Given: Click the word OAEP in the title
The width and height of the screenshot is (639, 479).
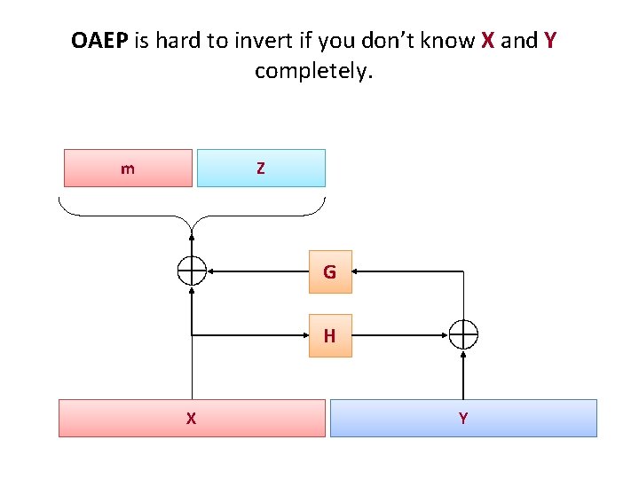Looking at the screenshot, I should click(x=100, y=41).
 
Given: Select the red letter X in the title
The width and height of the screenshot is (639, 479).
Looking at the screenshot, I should click(x=488, y=41).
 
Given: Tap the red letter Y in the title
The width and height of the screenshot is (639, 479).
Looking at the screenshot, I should click(x=550, y=41).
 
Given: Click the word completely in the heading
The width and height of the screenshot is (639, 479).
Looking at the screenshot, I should click(x=314, y=70).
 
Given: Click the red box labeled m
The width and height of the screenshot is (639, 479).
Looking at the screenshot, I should click(x=128, y=168).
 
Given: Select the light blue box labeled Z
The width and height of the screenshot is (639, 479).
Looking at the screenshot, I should click(x=261, y=168).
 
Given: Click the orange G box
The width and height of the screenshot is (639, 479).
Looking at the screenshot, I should click(x=330, y=271).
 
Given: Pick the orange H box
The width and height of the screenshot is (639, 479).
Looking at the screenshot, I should click(x=330, y=335).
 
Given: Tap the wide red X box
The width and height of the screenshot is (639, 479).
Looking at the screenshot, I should click(x=192, y=418).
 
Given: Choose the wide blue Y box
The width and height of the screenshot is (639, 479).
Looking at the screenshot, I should click(x=463, y=418).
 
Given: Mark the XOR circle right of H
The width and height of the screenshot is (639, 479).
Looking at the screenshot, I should click(x=463, y=335).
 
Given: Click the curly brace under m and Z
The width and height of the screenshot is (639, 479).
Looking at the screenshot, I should click(x=192, y=214).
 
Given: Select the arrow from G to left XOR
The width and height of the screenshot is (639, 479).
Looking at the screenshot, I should click(x=257, y=271).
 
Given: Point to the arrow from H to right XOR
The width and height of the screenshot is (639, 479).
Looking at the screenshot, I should click(x=399, y=335).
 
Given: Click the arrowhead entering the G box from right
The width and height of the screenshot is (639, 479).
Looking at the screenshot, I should click(x=359, y=271).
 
